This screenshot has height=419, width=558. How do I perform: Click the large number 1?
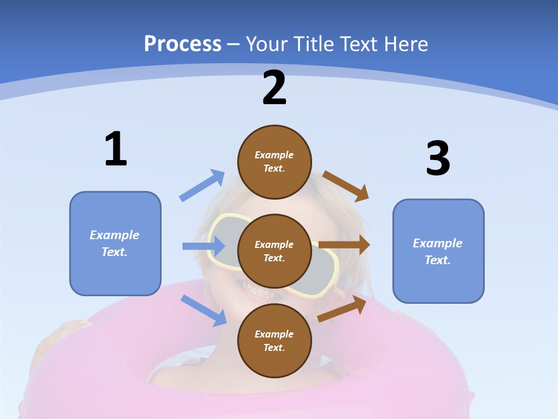coord(116,149)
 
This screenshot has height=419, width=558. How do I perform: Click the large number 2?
coord(274,88)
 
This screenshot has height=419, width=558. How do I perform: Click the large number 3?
coord(438,158)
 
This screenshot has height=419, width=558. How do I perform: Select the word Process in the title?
coord(183,44)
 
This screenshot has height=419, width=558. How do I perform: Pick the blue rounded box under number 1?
coord(115,243)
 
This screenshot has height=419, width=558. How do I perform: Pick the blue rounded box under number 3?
coord(438,251)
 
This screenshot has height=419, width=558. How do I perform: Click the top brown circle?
coord(274,162)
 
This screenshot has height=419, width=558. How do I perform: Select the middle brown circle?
coord(274,251)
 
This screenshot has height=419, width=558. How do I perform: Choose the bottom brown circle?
coord(274,340)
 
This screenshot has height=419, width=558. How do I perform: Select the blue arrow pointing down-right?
coord(204,310)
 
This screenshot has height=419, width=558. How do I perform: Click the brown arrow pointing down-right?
coord(346,186)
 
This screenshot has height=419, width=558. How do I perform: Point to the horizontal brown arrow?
coord(344,245)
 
